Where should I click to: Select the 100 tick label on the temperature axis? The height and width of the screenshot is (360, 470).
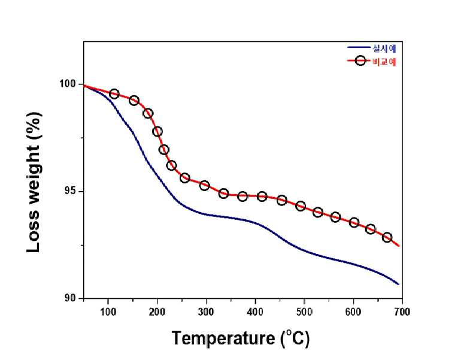[108, 312]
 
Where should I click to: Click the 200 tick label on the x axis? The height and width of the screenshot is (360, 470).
[157, 312]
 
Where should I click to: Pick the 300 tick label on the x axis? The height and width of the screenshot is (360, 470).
[206, 312]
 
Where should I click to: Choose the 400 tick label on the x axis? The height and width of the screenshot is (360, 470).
[256, 312]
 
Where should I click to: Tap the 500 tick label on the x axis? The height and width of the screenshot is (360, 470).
[304, 312]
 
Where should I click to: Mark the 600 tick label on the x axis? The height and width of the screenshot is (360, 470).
[353, 312]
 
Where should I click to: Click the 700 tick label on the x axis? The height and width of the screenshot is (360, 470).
[402, 312]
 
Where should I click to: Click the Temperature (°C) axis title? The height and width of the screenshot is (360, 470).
[241, 338]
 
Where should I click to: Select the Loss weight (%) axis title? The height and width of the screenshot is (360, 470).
[34, 183]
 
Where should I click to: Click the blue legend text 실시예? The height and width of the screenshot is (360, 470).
[384, 48]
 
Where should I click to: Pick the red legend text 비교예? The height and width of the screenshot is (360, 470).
[384, 62]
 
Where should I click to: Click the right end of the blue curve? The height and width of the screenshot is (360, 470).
[399, 285]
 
